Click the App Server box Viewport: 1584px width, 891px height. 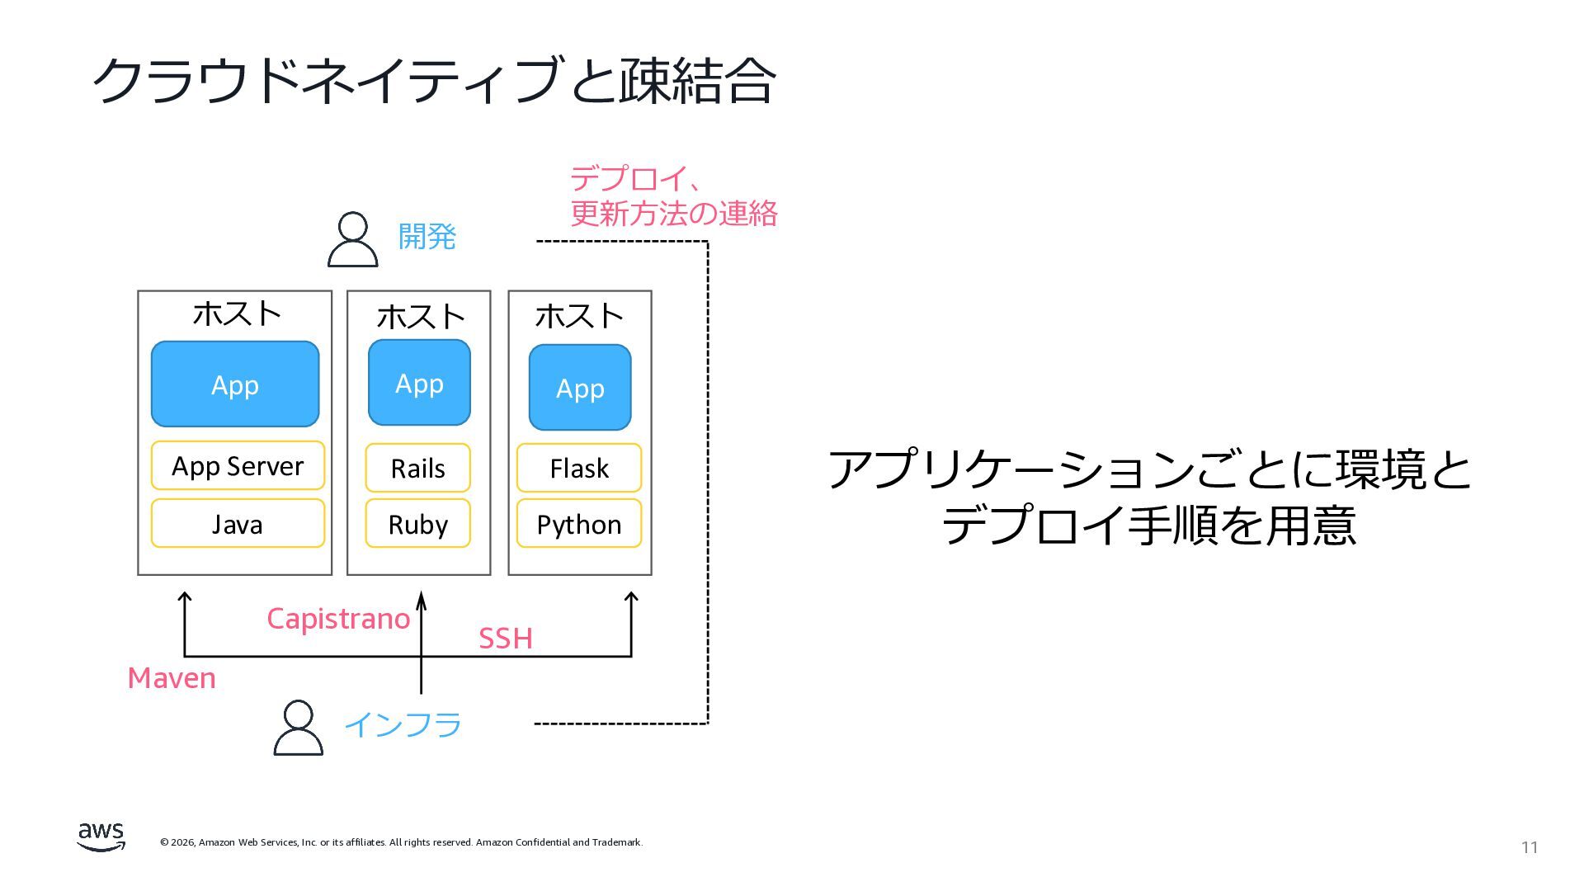click(x=238, y=466)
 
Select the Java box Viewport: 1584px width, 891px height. click(x=238, y=523)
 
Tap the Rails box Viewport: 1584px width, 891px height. click(x=417, y=468)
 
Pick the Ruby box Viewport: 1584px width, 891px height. click(x=417, y=523)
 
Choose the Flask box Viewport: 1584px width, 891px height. click(x=579, y=468)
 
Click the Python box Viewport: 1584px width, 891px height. click(x=579, y=523)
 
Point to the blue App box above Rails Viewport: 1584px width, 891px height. click(x=419, y=383)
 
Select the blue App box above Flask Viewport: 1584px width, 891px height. click(x=580, y=388)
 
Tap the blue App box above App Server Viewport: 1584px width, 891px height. click(x=235, y=384)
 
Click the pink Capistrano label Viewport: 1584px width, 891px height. click(x=338, y=619)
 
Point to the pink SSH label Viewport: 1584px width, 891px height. click(x=506, y=639)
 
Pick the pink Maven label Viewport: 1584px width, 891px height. click(x=172, y=678)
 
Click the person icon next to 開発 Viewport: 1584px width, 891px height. click(x=353, y=239)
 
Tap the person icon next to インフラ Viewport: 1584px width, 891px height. click(x=298, y=728)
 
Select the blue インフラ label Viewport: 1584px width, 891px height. click(x=403, y=725)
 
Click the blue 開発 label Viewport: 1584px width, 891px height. click(x=427, y=237)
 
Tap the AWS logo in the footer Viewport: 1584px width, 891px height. click(x=101, y=836)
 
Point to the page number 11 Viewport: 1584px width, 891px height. click(x=1530, y=848)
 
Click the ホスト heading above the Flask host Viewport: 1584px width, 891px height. click(x=579, y=316)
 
